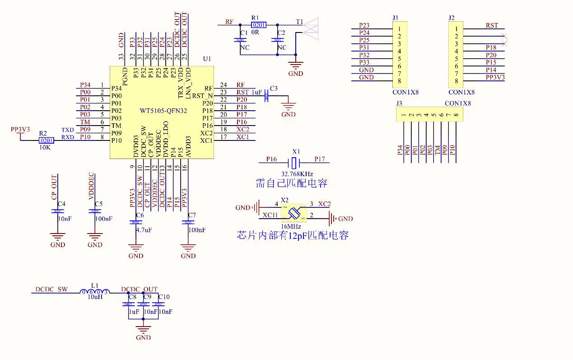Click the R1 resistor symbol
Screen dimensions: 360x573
pos(259,25)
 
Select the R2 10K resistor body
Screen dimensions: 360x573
pos(47,140)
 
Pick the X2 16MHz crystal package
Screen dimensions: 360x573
pos(294,212)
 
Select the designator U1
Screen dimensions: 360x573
pos(207,59)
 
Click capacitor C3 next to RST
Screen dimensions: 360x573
pos(267,96)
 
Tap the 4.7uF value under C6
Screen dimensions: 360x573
pos(144,230)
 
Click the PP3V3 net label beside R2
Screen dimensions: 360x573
pos(20,130)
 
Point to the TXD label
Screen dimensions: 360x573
pos(68,130)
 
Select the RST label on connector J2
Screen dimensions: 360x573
pos(492,26)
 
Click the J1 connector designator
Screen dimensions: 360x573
pos(396,18)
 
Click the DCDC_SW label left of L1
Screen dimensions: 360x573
pos(51,289)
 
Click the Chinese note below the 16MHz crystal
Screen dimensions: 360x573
pos(293,235)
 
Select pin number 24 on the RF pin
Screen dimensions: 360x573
pos(223,85)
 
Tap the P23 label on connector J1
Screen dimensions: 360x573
pos(364,26)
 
